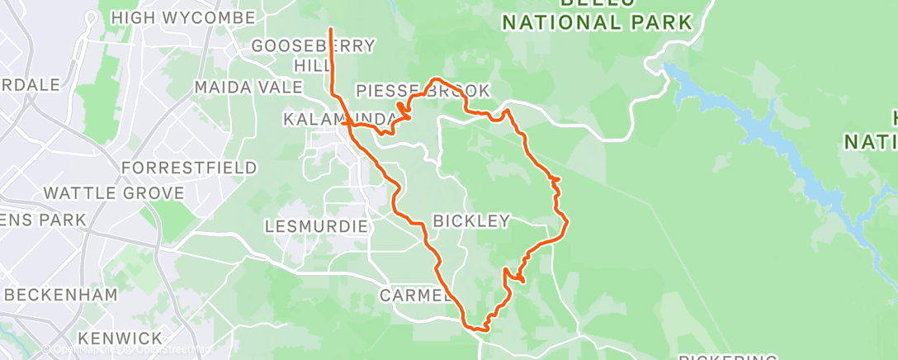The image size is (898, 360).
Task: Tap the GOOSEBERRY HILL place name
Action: pos(313,54)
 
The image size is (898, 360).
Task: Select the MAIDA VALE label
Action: pos(239,87)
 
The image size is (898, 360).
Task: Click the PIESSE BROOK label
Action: pos(423,91)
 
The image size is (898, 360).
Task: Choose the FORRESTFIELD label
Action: pos(189,168)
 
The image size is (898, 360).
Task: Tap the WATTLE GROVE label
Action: pos(113,193)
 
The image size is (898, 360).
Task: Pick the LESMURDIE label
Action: pos(310,225)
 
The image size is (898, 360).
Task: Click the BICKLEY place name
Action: pos(471,220)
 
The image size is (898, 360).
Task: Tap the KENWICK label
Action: pos(121,339)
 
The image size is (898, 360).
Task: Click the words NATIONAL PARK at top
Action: pos(597,23)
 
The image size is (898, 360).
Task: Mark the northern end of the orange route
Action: pos(331,30)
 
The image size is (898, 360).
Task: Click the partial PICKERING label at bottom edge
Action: pos(727,357)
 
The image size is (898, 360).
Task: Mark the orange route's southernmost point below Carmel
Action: pos(478,331)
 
